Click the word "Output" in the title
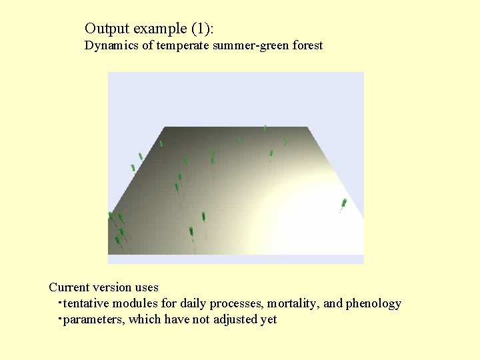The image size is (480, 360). [107, 29]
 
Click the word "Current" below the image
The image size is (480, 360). [69, 287]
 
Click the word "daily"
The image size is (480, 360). [193, 303]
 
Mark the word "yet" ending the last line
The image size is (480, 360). [269, 320]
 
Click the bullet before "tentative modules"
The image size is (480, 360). [59, 302]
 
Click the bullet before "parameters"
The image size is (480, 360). [59, 318]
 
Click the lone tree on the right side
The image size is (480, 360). [343, 204]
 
